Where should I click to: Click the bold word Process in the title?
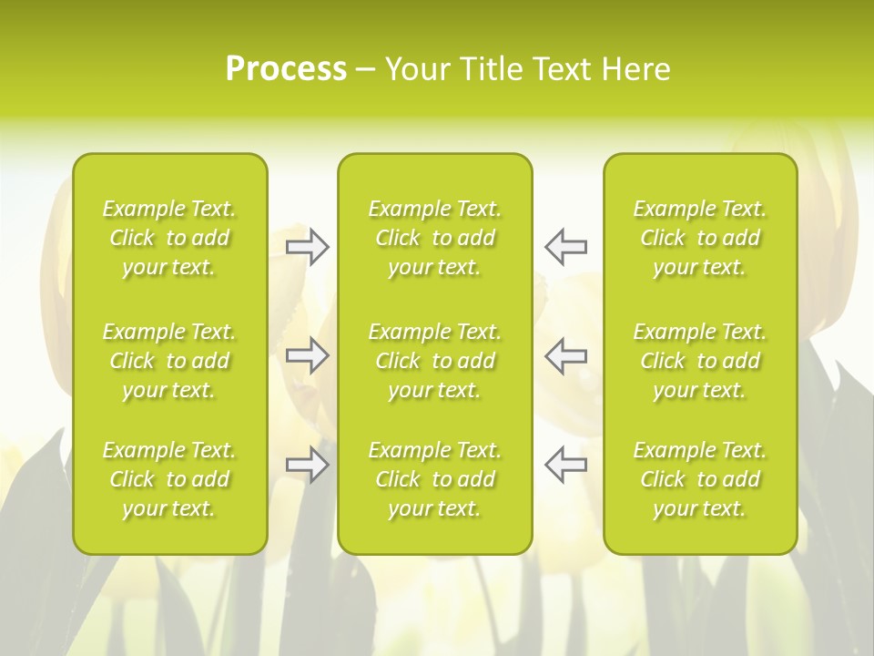click(x=286, y=69)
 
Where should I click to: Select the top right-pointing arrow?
click(x=307, y=246)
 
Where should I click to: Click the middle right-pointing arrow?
click(x=307, y=355)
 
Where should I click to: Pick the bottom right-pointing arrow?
click(x=307, y=465)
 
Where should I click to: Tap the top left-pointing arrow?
click(x=565, y=246)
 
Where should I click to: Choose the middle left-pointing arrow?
click(x=565, y=355)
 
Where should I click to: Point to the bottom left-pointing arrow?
click(x=565, y=465)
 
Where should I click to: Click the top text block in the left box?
click(x=169, y=238)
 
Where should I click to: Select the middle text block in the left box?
click(x=169, y=361)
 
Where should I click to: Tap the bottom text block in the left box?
click(x=169, y=479)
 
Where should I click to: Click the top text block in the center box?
click(x=434, y=238)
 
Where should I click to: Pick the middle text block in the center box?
click(x=434, y=361)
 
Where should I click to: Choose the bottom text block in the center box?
click(x=434, y=479)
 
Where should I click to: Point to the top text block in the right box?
click(x=699, y=238)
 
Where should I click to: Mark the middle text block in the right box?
click(x=699, y=361)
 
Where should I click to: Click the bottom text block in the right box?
click(x=699, y=479)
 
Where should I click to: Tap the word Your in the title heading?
click(x=416, y=69)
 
